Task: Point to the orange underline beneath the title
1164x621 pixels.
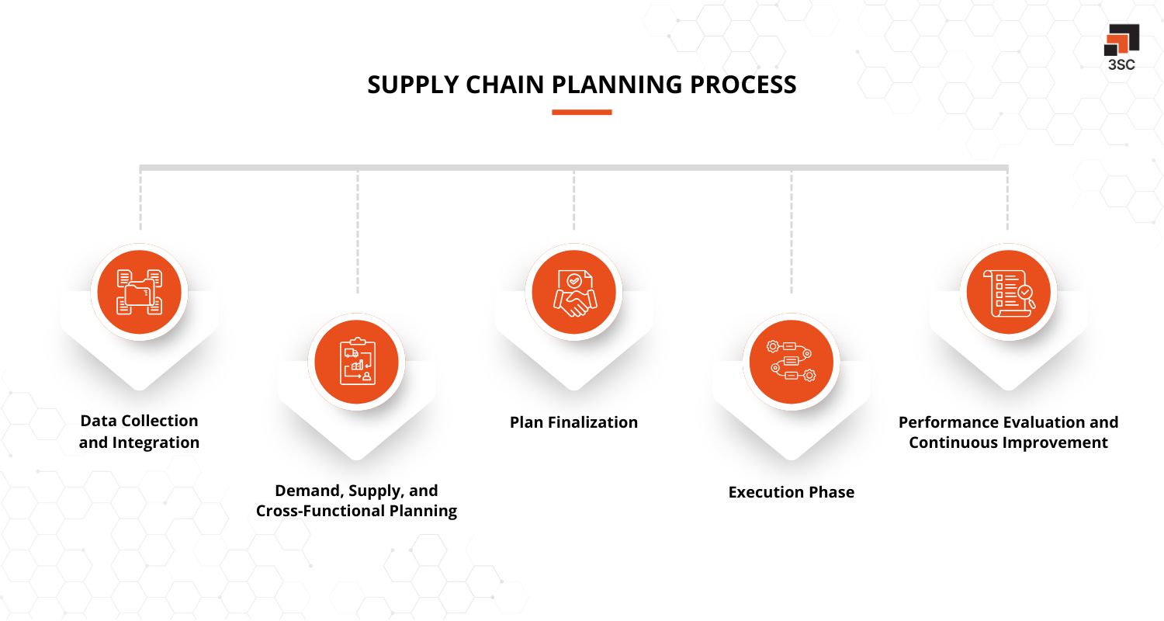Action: [582, 113]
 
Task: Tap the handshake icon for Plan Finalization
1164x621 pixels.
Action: [573, 293]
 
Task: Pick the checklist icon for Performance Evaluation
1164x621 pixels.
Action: [1008, 293]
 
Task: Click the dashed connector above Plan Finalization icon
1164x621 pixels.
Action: [574, 200]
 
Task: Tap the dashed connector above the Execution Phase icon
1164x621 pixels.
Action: [792, 233]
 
